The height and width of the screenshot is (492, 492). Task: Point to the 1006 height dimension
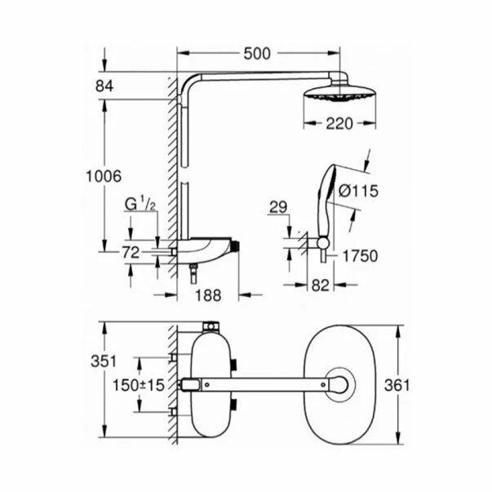pos(104,175)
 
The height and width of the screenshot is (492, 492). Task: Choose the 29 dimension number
pos(278,209)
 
